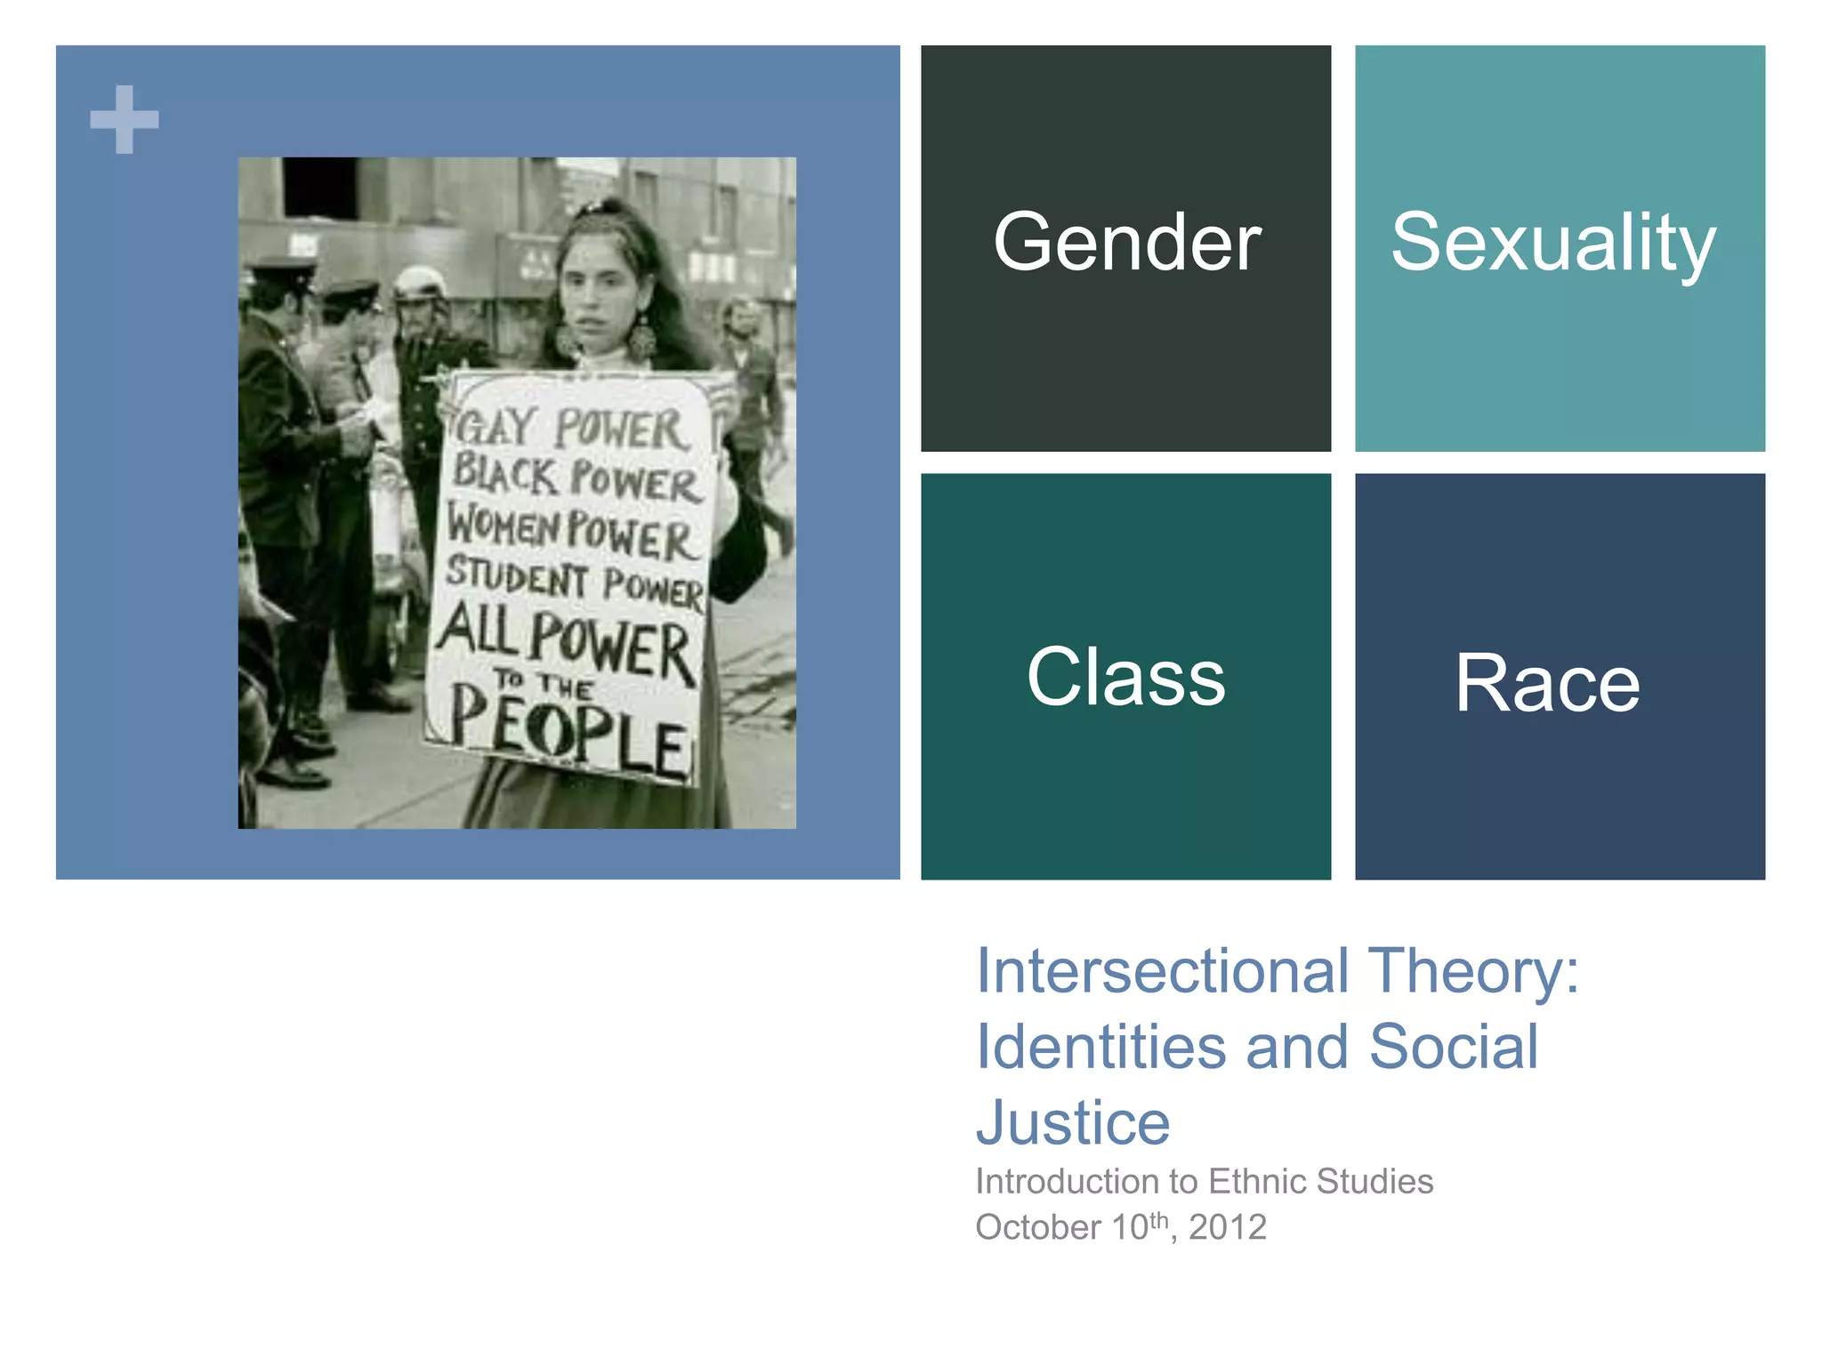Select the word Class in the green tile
pyautogui.click(x=1125, y=677)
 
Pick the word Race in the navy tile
pyautogui.click(x=1547, y=683)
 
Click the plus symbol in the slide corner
pyautogui.click(x=125, y=119)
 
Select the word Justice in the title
pyautogui.click(x=1073, y=1122)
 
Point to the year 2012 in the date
pyautogui.click(x=1228, y=1227)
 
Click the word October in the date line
pyautogui.click(x=1038, y=1227)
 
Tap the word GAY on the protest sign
pyautogui.click(x=496, y=426)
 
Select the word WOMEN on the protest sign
pyautogui.click(x=503, y=524)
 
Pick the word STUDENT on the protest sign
pyautogui.click(x=516, y=576)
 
